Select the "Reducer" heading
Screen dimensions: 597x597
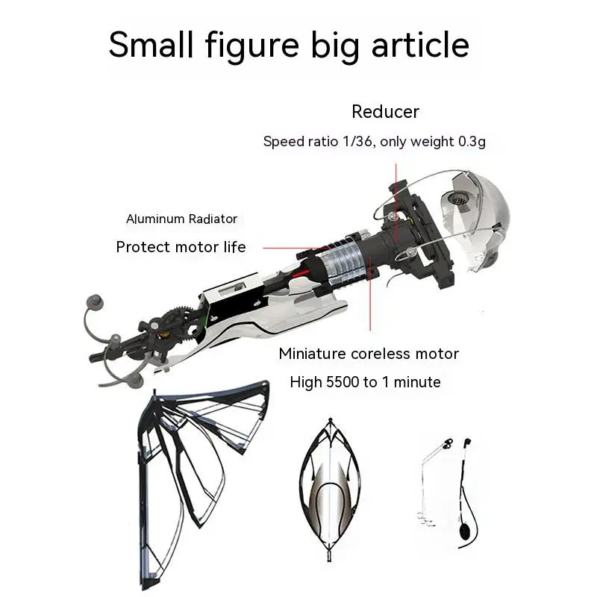[385, 112]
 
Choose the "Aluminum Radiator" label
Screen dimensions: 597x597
[181, 219]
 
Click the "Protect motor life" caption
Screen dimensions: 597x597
[181, 247]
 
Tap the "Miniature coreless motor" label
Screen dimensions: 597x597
[369, 353]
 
